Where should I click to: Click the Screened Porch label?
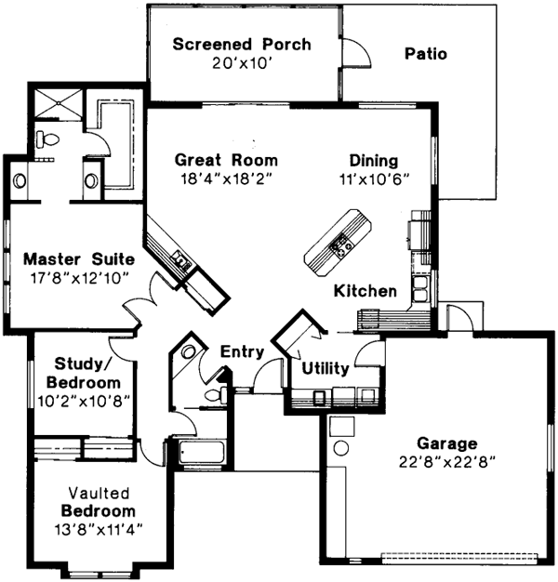[x=241, y=45]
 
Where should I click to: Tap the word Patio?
[x=425, y=54]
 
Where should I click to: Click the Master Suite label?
[x=79, y=258]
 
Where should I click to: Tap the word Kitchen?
[x=365, y=291]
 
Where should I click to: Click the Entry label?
[x=242, y=352]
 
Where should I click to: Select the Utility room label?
[x=325, y=368]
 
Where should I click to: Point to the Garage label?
[x=447, y=443]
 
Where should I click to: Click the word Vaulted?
[x=98, y=493]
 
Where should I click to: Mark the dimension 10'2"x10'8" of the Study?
[x=84, y=400]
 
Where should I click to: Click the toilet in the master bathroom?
[x=46, y=139]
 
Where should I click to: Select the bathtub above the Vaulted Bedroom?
[x=201, y=454]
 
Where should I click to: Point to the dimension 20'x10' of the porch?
[x=241, y=64]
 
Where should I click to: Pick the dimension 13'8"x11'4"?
[x=99, y=530]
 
